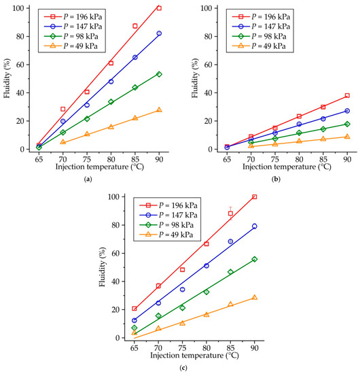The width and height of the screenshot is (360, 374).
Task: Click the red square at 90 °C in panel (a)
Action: [159, 8]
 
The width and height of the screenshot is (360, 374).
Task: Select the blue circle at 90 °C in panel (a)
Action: [159, 33]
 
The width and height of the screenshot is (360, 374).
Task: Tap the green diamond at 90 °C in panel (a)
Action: [159, 74]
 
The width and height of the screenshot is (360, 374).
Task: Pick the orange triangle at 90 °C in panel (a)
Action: [159, 110]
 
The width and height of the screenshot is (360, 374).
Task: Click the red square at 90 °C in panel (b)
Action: [347, 96]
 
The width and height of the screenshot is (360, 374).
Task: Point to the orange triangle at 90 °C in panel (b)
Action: [347, 137]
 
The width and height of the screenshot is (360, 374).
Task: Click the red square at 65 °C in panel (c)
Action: [134, 309]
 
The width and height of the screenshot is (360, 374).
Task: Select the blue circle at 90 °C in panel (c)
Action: [254, 226]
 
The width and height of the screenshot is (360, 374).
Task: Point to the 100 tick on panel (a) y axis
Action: [22, 8]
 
